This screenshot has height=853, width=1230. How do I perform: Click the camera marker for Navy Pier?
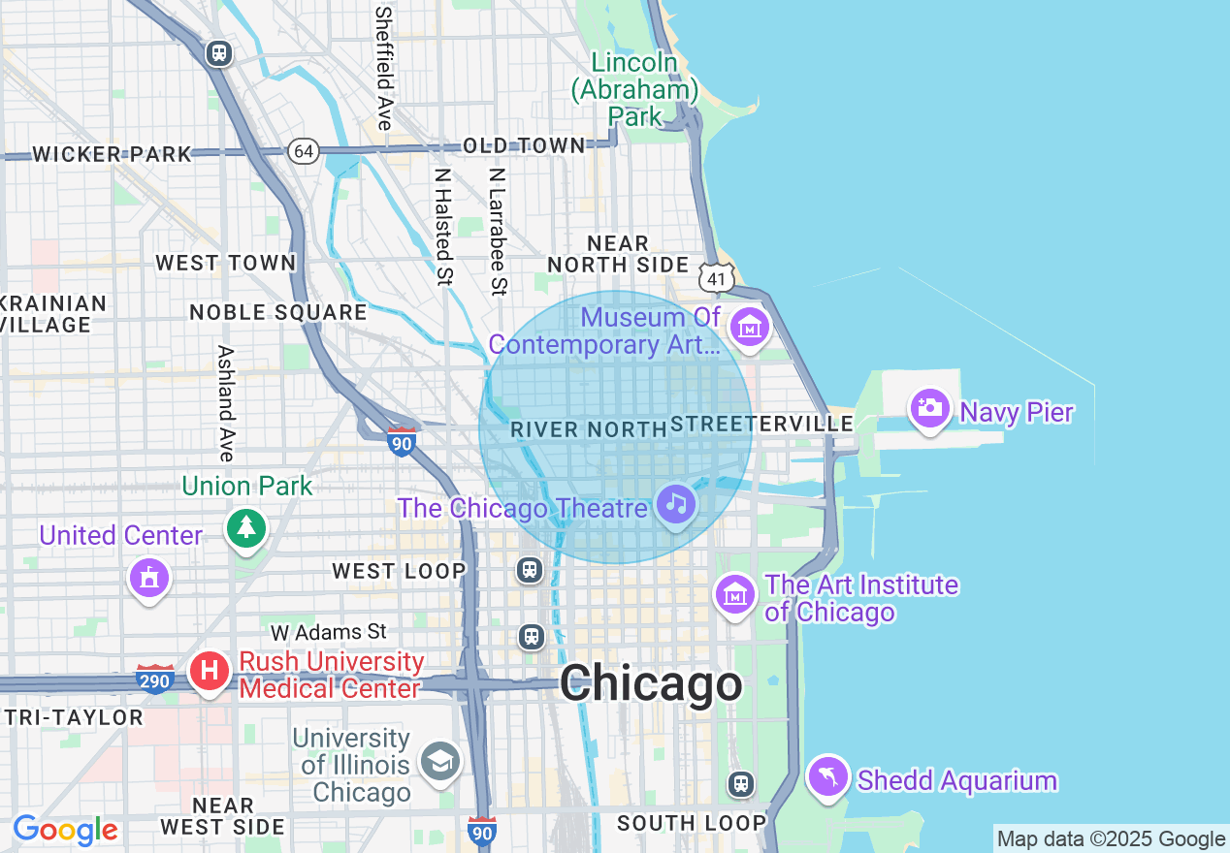pyautogui.click(x=929, y=407)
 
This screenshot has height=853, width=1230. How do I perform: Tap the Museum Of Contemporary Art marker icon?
pyautogui.click(x=749, y=328)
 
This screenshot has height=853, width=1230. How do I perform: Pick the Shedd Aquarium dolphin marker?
pyautogui.click(x=828, y=775)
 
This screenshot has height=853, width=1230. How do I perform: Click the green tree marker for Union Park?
pyautogui.click(x=246, y=527)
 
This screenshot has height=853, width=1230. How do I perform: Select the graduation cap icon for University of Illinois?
pyautogui.click(x=439, y=761)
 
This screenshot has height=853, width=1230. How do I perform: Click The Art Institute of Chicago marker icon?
pyautogui.click(x=735, y=592)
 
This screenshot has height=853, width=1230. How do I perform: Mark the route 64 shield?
pyautogui.click(x=304, y=150)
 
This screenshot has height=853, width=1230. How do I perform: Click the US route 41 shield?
pyautogui.click(x=717, y=278)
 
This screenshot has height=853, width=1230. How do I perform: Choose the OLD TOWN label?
pyautogui.click(x=524, y=145)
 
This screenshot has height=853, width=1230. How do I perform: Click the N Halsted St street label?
pyautogui.click(x=443, y=228)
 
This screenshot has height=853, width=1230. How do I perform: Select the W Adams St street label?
pyautogui.click(x=329, y=633)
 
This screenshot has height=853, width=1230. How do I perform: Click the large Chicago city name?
pyautogui.click(x=651, y=684)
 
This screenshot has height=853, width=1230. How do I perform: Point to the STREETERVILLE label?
pyautogui.click(x=762, y=424)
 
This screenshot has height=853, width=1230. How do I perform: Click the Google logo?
pyautogui.click(x=65, y=830)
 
